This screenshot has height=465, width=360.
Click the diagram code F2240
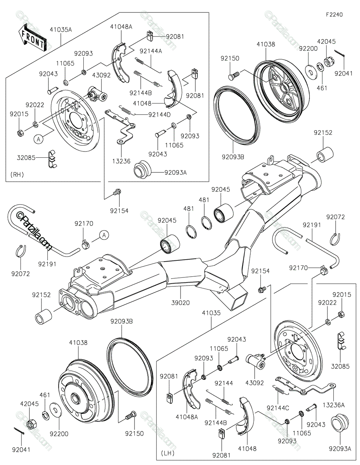point(334,15)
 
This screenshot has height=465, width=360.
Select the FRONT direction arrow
point(32,37)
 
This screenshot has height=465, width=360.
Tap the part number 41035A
point(60,29)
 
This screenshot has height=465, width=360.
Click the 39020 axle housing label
point(180,302)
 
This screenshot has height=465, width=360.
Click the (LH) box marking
point(167,453)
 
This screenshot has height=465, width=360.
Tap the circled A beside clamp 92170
point(103,234)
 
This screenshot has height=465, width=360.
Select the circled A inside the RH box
point(38,139)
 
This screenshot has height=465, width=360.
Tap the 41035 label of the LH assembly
point(211,313)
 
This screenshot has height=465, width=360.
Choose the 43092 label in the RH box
point(102,75)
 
